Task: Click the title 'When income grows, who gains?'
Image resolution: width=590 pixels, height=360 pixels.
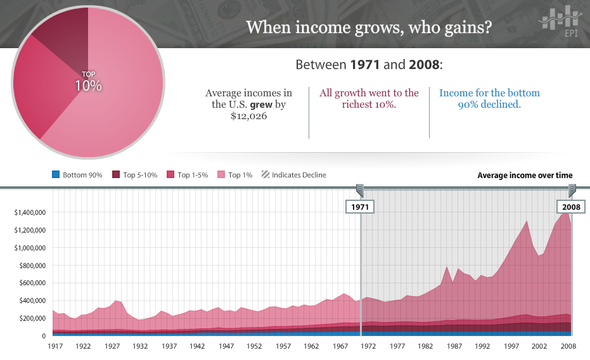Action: (368, 28)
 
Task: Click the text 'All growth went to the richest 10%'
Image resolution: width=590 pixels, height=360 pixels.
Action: (369, 98)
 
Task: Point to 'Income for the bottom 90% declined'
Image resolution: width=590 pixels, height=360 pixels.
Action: (489, 98)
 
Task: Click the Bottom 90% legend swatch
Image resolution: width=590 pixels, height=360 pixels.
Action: (56, 175)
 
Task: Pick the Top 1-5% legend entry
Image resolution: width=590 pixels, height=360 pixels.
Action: (188, 175)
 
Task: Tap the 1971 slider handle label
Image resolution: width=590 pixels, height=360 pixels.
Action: (359, 207)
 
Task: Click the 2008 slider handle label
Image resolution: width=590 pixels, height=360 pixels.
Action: (572, 207)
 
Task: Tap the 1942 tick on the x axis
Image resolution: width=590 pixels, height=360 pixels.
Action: (197, 347)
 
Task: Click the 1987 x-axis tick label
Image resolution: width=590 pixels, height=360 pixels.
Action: (454, 347)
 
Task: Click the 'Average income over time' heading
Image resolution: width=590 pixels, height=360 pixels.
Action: (525, 176)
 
